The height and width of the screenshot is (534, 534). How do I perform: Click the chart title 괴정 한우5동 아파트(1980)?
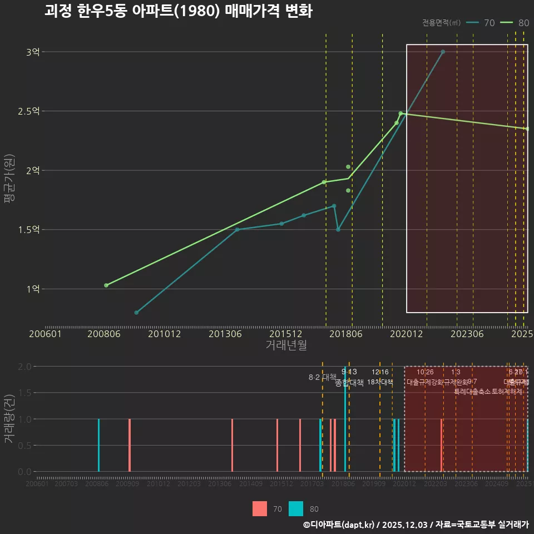coord(178,11)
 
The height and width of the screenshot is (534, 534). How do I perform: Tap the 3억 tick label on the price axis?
coord(33,52)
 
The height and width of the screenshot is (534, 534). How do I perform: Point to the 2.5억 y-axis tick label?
coord(29,111)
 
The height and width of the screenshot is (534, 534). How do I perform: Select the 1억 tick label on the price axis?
coord(33,289)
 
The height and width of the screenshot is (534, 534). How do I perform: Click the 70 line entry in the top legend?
coord(481,23)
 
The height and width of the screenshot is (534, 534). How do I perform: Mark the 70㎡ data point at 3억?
coord(443,52)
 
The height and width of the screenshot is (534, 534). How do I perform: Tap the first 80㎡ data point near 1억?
coord(106,285)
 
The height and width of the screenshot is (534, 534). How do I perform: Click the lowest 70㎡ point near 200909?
coord(136,313)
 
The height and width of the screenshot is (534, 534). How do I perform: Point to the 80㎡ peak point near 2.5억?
coord(400,113)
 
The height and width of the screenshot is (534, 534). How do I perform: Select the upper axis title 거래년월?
coord(286,345)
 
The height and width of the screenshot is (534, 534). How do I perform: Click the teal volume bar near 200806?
coord(98,445)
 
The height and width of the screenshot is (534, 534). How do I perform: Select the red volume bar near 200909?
coord(130,445)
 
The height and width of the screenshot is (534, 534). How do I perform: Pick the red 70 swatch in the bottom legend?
coord(259,508)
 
